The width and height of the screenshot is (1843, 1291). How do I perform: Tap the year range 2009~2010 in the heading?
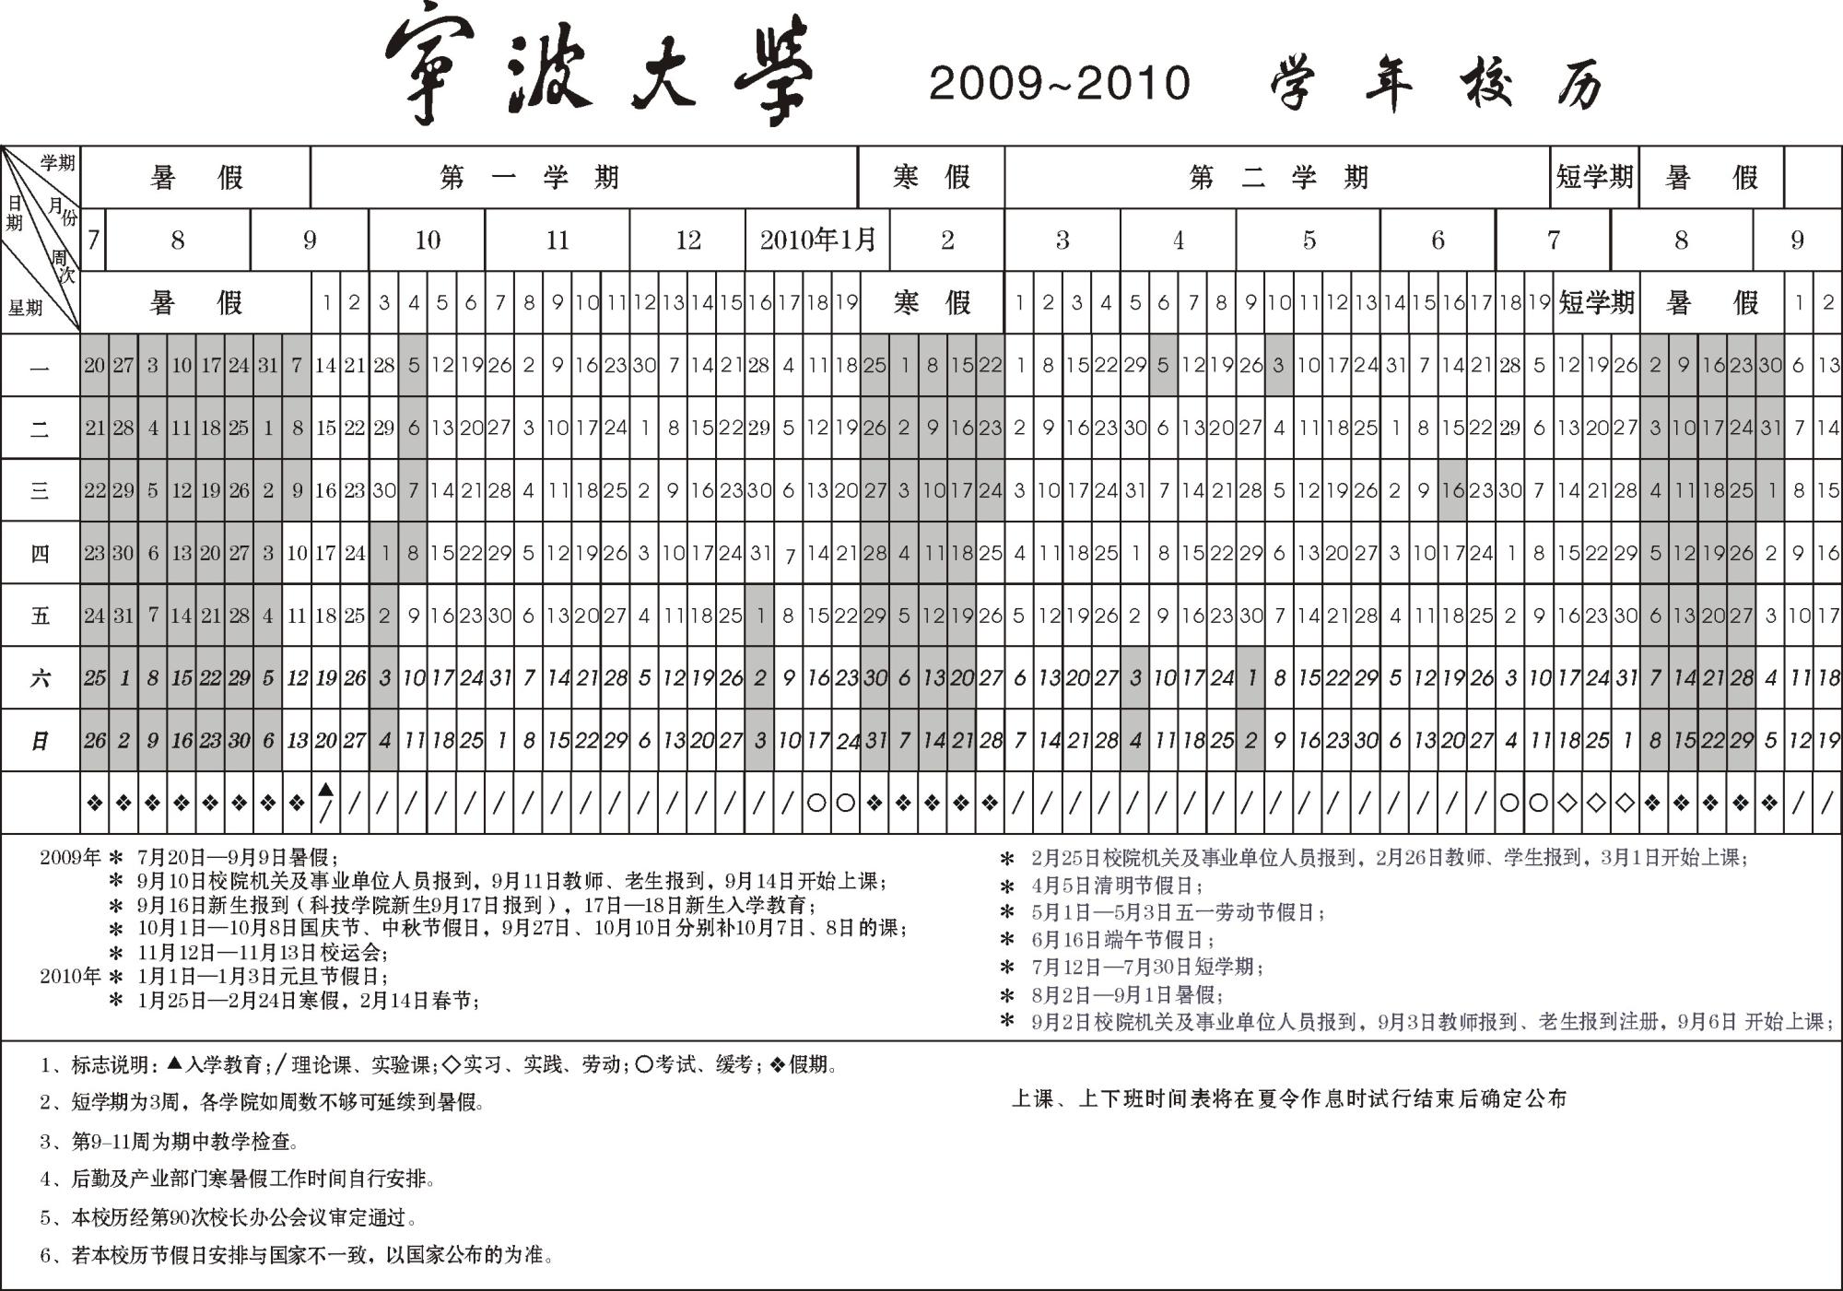pos(1060,83)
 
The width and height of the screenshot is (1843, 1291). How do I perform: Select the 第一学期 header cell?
pos(530,177)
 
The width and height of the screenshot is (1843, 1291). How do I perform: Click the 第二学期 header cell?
pos(1278,177)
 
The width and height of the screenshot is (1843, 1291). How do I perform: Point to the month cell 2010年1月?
pos(817,241)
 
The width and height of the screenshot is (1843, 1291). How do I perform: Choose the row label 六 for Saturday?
pos(40,678)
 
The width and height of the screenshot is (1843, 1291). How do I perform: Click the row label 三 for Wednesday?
pos(40,490)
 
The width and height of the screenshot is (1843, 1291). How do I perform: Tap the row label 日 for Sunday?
pos(40,741)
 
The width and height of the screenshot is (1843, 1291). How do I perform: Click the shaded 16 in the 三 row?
pos(1452,490)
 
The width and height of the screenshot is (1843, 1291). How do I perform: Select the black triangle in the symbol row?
pos(325,790)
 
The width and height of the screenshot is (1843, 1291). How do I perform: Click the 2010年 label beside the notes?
pos(70,976)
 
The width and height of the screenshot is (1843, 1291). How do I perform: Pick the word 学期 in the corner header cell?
pos(57,163)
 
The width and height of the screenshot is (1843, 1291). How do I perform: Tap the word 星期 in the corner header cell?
pos(26,308)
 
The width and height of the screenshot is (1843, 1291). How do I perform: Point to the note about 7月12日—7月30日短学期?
pos(1146,967)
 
